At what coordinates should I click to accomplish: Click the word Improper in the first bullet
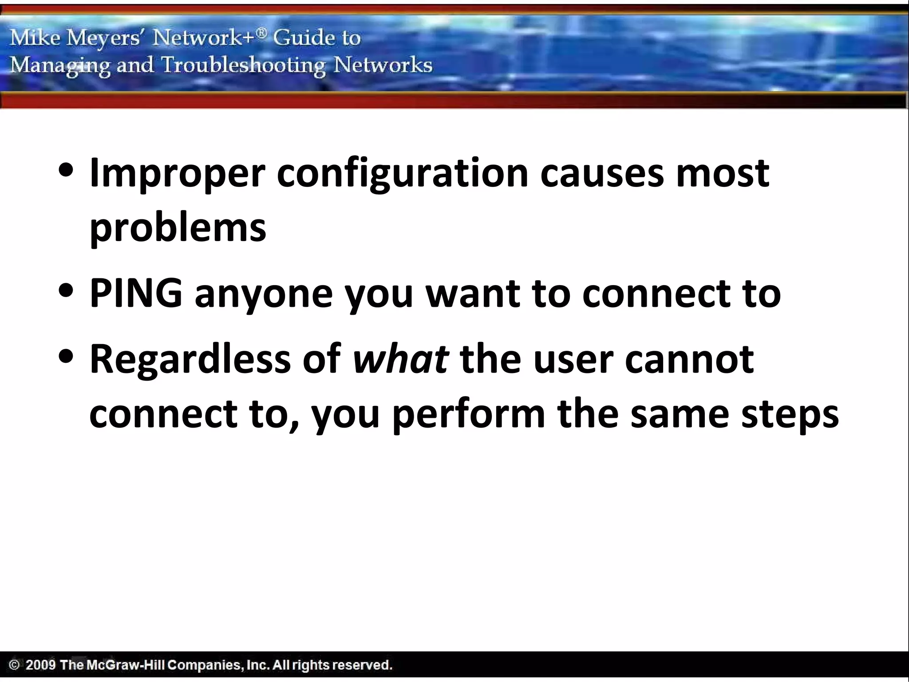coord(177,174)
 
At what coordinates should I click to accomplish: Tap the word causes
coord(602,173)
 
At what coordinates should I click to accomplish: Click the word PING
coord(136,293)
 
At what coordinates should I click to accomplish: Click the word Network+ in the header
coord(209,38)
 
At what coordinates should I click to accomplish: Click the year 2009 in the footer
coord(40,665)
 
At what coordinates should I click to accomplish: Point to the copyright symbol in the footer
coord(15,665)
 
